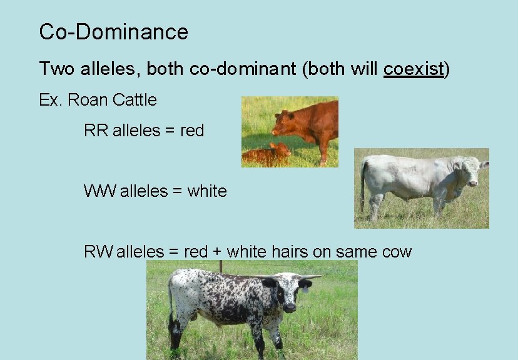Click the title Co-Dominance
113,32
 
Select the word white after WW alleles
206,191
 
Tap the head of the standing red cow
282,121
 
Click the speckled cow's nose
290,307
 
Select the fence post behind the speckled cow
220,266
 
